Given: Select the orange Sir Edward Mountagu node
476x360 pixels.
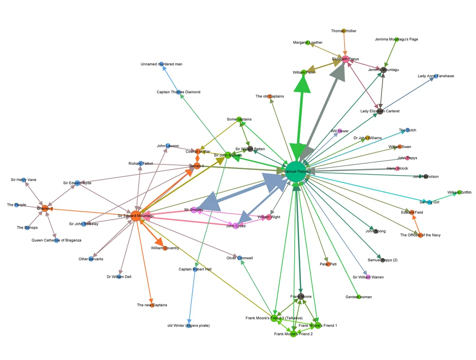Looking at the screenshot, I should (136, 216).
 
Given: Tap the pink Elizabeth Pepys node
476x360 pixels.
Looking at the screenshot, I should (346, 59).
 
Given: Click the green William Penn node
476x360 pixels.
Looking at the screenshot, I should (303, 72).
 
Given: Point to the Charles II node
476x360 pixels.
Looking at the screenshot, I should (45, 209).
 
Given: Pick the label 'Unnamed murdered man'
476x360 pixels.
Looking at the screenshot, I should (161, 64).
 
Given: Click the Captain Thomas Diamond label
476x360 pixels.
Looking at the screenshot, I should (178, 92).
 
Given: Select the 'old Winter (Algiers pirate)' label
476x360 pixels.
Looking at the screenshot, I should (188, 325).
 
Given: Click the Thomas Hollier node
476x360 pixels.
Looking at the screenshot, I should (344, 31).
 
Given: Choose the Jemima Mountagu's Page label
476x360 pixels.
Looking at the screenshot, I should (397, 39).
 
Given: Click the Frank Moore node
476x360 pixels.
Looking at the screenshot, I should (301, 296).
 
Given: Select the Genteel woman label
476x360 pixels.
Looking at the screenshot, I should (358, 297).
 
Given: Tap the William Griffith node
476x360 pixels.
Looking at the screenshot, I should (459, 192).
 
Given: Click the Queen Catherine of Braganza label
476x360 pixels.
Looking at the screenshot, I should (57, 240).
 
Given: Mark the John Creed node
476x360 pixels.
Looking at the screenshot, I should (236, 226).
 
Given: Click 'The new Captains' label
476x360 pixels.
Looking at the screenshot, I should (152, 305).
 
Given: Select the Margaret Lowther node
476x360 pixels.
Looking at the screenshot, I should (307, 43).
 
